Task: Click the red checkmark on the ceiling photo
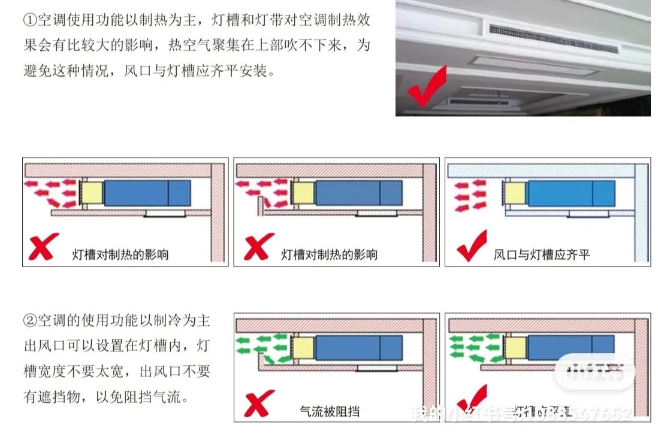point(427,87)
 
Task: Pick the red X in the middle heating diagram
point(257,247)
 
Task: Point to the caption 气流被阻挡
point(331,411)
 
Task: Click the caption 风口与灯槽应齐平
point(541,254)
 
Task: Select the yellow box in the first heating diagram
point(92,193)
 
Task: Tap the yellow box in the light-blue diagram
point(515,193)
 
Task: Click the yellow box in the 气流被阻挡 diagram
point(303,348)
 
